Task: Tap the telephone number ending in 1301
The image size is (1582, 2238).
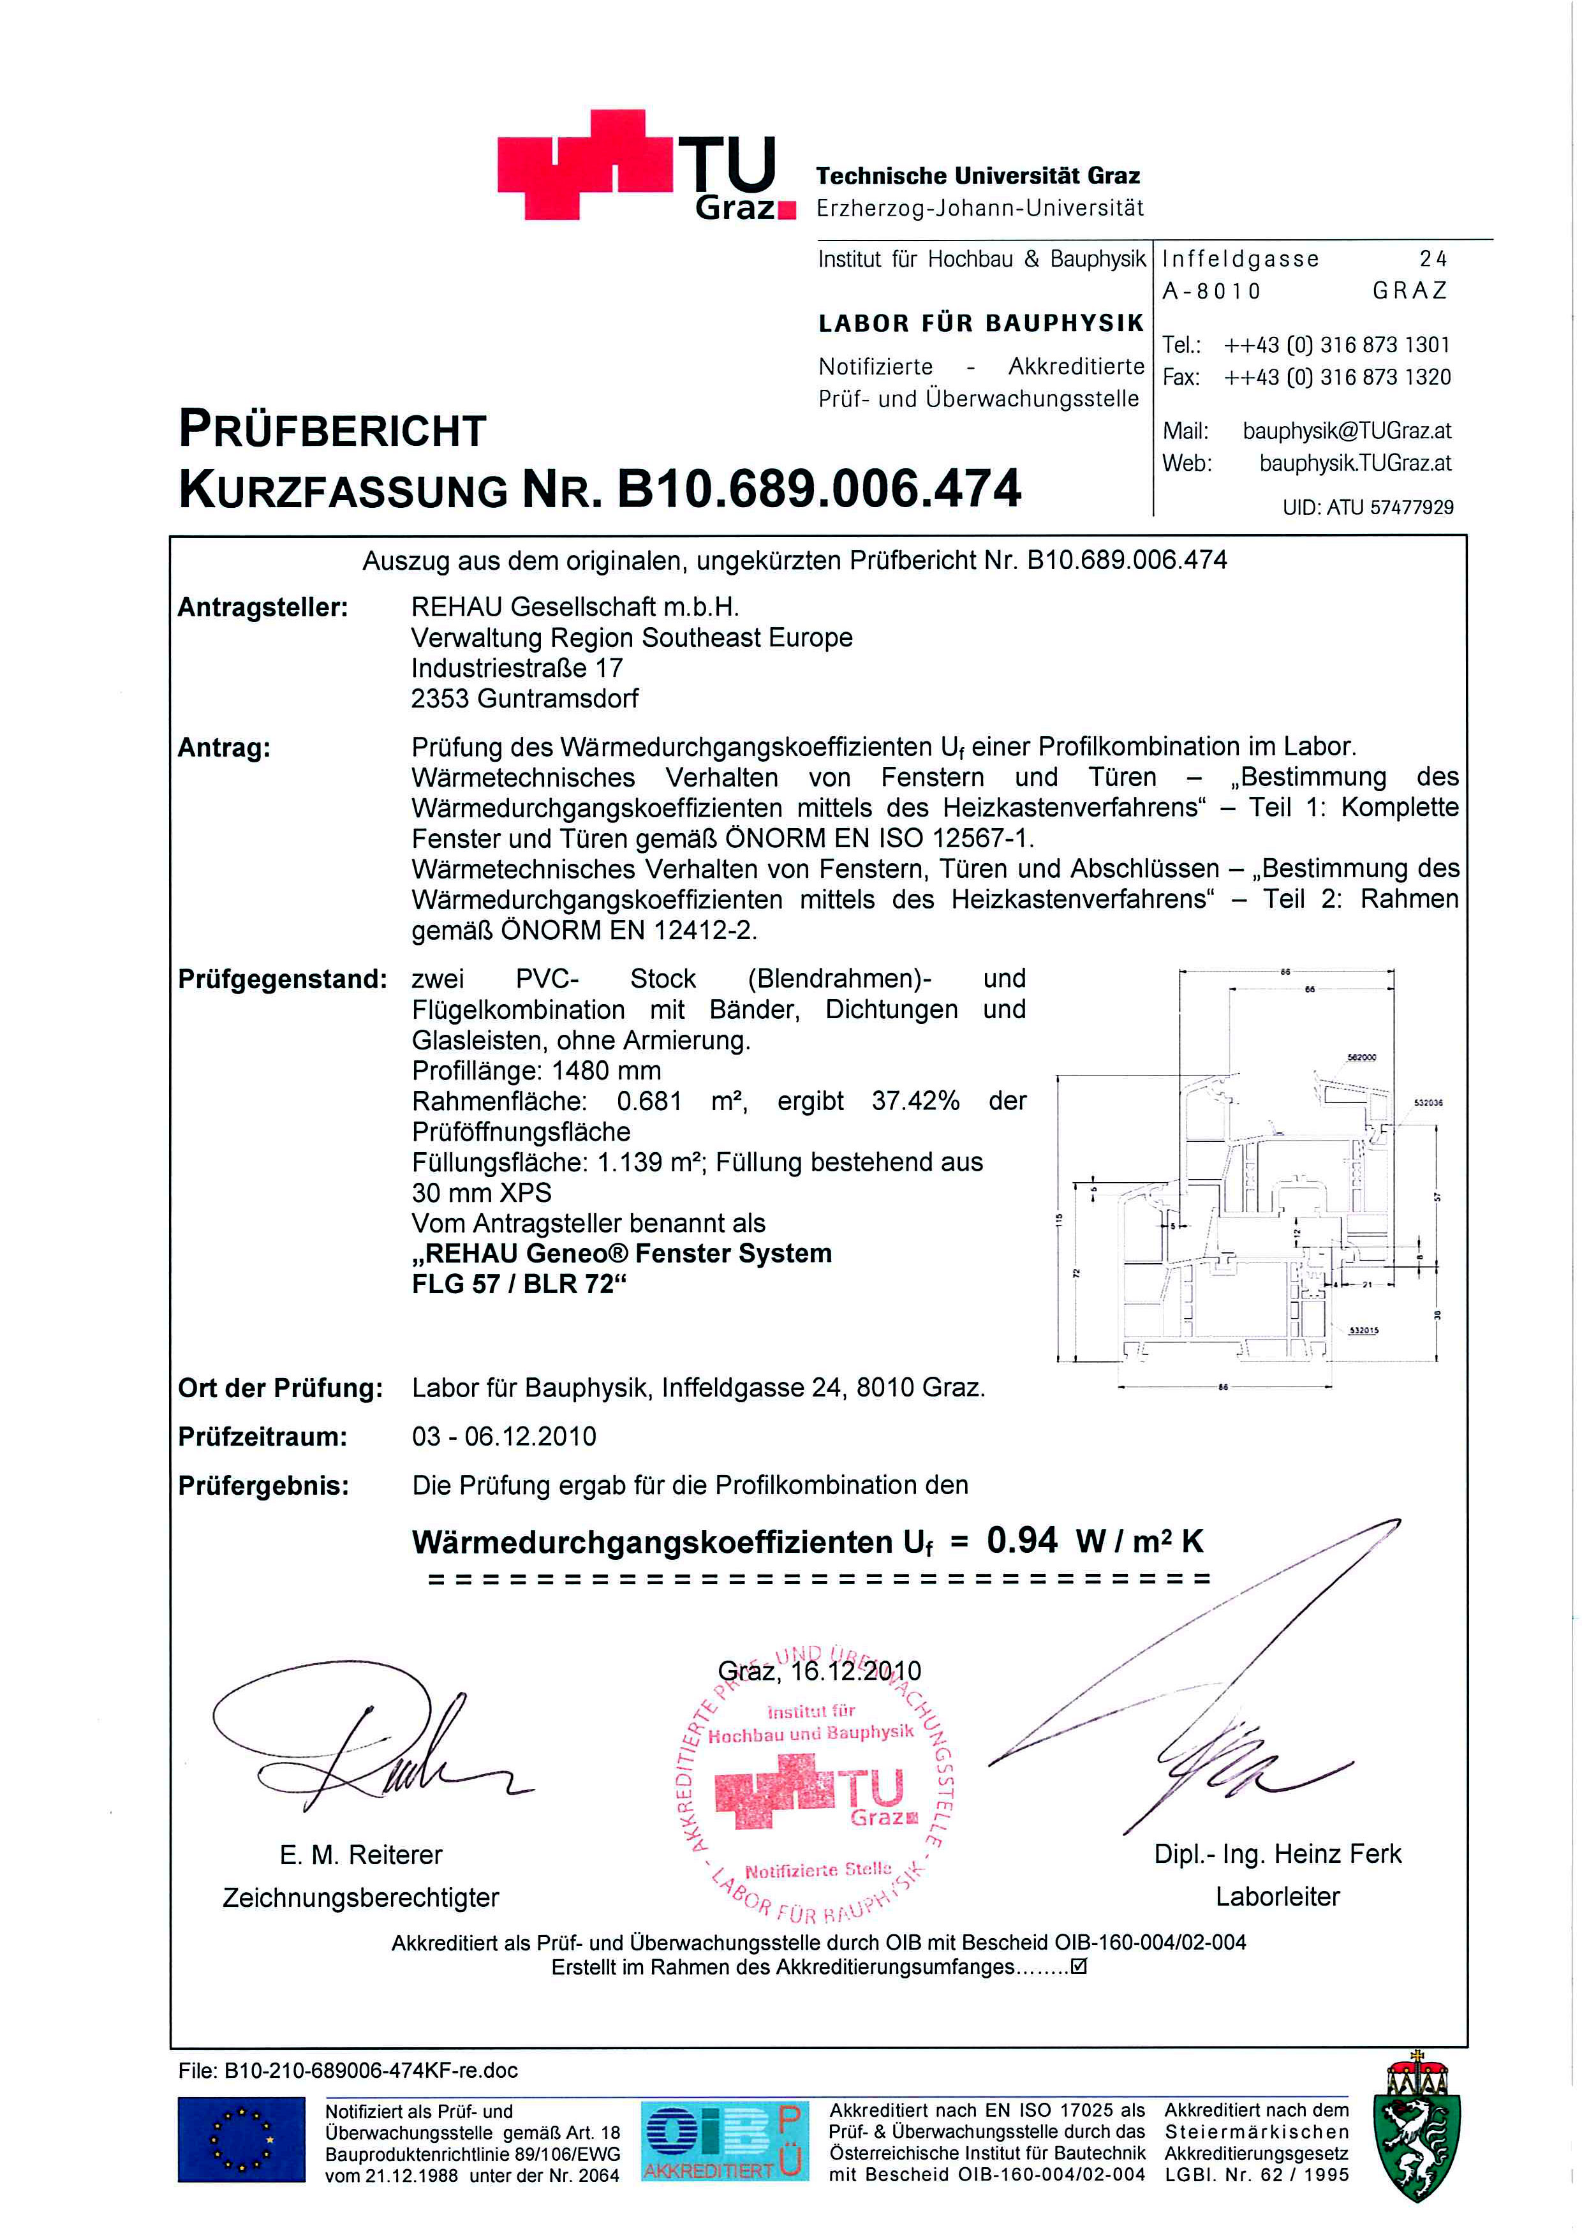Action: [1336, 345]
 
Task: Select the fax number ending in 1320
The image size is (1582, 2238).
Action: [1336, 377]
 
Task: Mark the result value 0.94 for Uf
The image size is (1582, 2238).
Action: [1021, 1540]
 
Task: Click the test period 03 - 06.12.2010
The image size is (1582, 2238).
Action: [504, 1436]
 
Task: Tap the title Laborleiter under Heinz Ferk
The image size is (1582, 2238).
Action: [1277, 1896]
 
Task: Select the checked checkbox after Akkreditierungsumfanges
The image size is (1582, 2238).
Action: [1078, 1966]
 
